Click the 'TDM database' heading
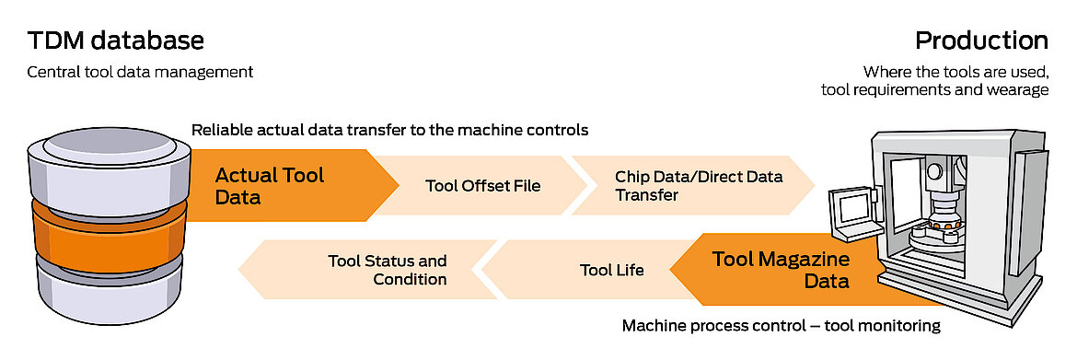(115, 41)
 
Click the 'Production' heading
(981, 41)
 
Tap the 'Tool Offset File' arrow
(482, 185)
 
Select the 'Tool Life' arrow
(611, 270)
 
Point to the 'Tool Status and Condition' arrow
(387, 270)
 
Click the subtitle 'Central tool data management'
(139, 72)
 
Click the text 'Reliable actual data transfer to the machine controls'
(389, 130)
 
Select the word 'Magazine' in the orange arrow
(805, 259)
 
